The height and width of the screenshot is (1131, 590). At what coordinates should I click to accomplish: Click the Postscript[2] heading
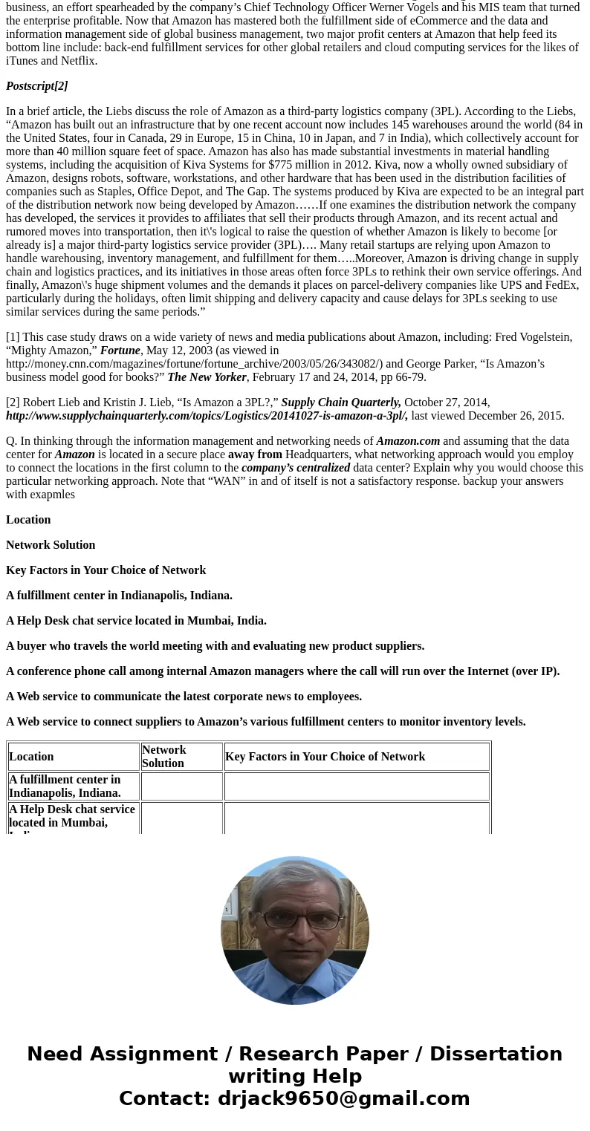pos(37,86)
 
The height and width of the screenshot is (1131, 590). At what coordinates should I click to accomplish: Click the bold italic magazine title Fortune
pos(120,351)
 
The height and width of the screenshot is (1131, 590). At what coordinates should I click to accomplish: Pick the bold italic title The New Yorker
pos(207,377)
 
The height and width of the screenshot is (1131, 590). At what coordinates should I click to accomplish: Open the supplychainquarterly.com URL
pos(206,416)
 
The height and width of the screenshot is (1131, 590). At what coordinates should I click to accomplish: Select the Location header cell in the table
pos(31,757)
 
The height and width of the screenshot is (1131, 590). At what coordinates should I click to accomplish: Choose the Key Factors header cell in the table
pos(325,757)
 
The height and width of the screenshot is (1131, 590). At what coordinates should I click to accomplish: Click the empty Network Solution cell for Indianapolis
pos(181,786)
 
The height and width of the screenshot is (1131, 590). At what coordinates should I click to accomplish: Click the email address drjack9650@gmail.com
pos(343,1099)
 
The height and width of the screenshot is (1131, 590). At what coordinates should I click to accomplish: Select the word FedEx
pos(561,285)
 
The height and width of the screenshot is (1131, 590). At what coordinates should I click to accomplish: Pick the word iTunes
pos(23,61)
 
